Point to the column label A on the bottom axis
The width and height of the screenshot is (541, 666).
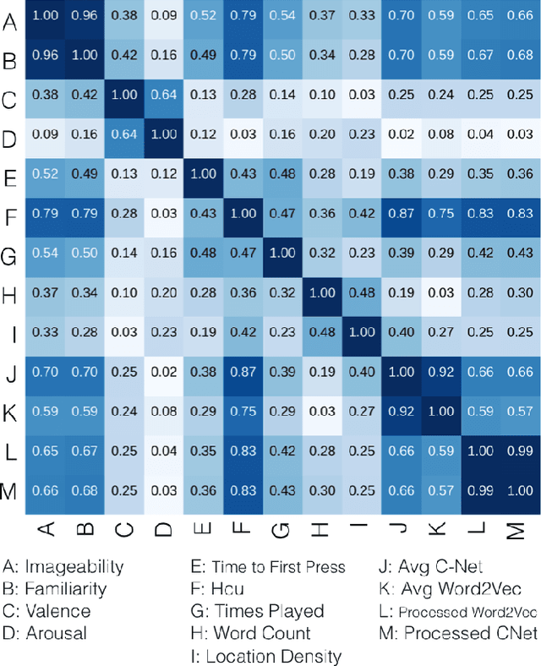point(48,530)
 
